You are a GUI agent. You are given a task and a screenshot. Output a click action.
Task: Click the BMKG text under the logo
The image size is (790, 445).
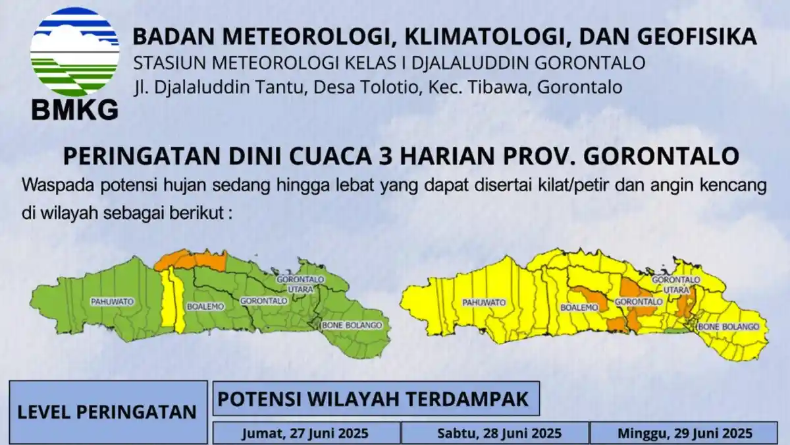(x=74, y=109)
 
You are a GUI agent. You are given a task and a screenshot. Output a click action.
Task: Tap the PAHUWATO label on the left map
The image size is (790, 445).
(x=113, y=301)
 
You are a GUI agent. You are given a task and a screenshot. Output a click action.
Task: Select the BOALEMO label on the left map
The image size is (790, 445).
(x=205, y=307)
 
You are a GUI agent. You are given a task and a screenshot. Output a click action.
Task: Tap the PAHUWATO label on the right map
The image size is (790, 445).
(x=484, y=303)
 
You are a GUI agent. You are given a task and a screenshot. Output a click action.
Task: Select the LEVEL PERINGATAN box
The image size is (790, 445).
(x=107, y=412)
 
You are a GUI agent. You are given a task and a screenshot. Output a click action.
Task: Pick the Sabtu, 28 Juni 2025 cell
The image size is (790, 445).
(x=495, y=433)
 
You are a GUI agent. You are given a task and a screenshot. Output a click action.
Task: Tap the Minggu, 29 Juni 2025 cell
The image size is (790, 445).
(x=684, y=433)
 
